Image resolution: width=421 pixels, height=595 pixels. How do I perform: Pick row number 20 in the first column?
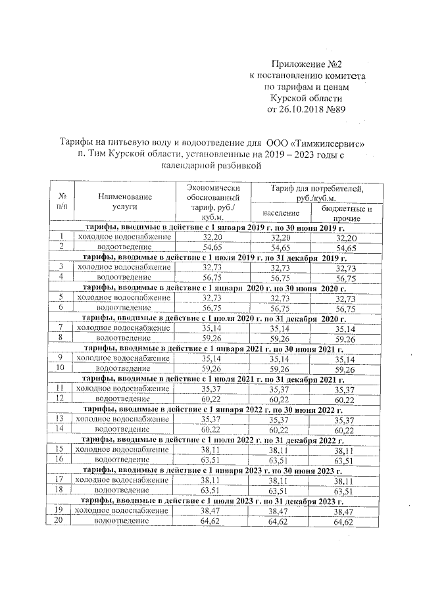click(x=61, y=521)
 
